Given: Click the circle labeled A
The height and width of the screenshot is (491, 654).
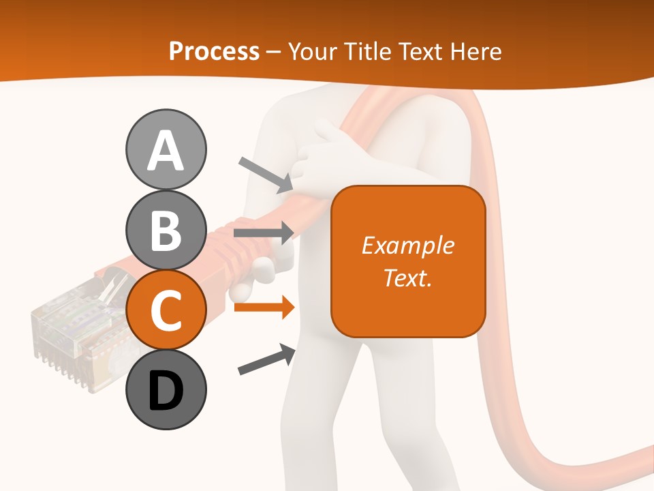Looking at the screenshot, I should point(166,149).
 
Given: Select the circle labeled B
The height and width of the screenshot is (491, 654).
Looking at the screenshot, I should point(166,230).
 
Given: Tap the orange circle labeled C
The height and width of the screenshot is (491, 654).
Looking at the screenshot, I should point(166,310).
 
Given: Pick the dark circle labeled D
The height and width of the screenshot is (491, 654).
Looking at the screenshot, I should point(166,389).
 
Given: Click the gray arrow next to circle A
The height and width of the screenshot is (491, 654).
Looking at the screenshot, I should point(266,175).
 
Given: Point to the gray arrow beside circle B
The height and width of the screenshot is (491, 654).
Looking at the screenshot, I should point(264,233).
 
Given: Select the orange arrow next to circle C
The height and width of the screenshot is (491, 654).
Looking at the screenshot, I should point(264,308).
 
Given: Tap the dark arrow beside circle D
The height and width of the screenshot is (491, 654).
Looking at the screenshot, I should point(266,360).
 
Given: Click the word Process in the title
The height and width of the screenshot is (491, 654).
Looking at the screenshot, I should point(214,51).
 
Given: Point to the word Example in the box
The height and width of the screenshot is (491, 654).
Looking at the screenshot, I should point(407,245).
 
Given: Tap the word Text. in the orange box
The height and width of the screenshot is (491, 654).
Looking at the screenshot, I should point(407,278).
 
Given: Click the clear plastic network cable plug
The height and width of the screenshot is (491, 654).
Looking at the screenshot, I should point(68,334).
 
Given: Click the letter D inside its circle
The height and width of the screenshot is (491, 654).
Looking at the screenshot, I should point(166,391).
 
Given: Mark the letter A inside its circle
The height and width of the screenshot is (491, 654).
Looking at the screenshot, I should point(166,151).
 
